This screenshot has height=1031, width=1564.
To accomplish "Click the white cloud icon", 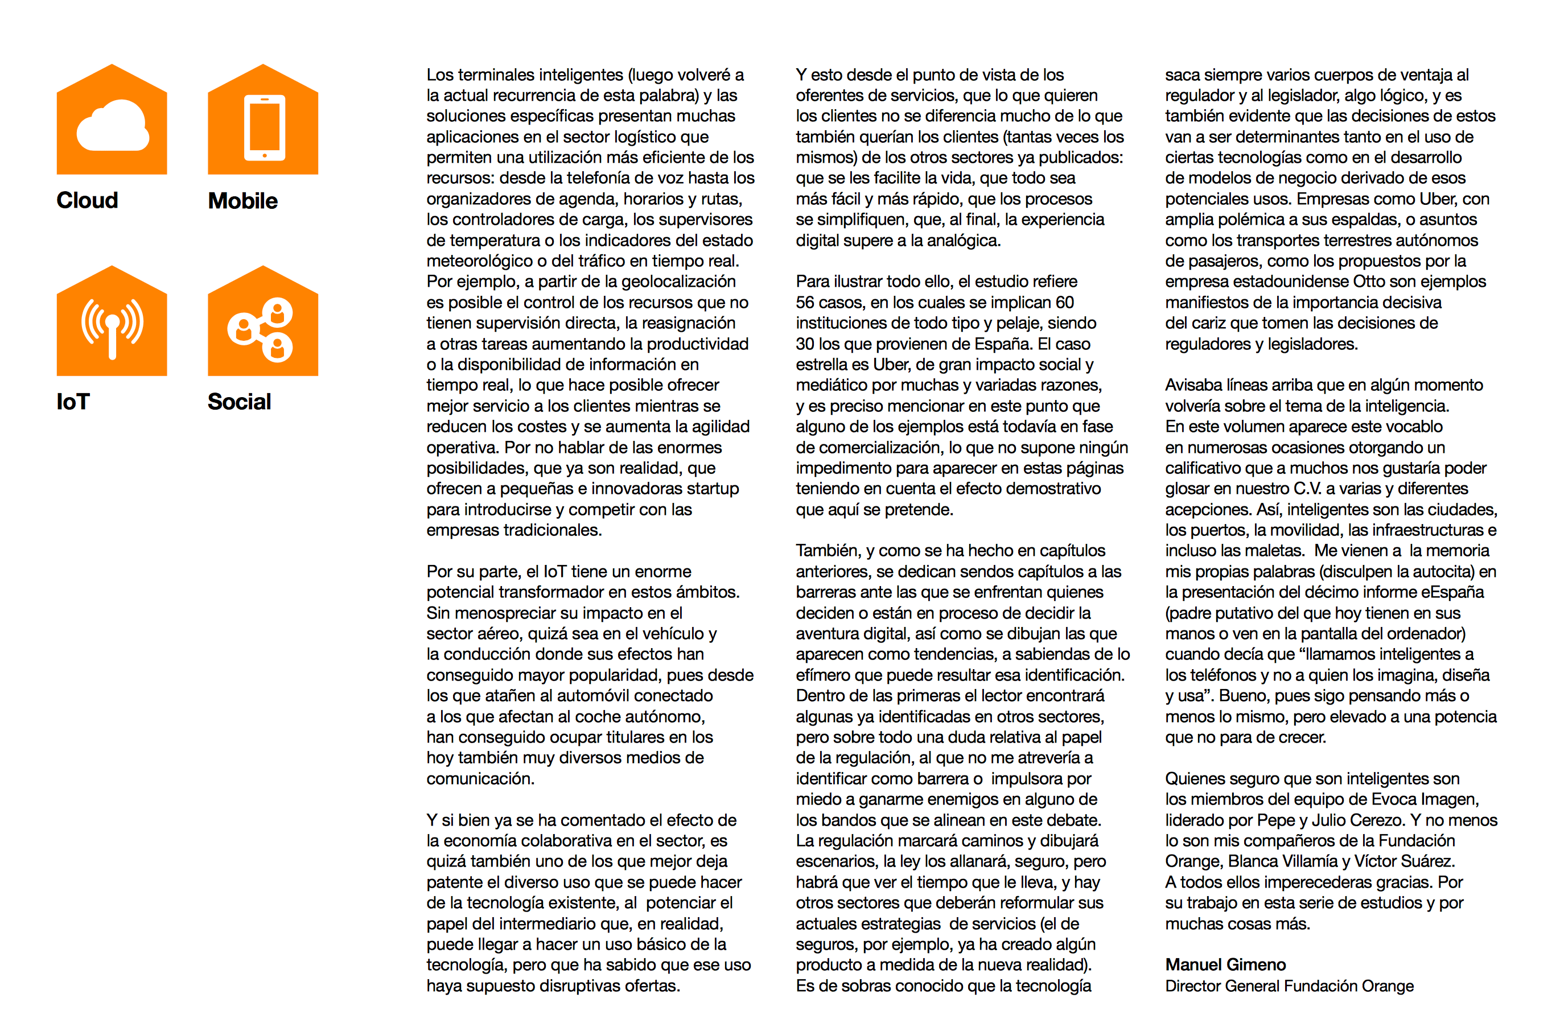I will [x=113, y=126].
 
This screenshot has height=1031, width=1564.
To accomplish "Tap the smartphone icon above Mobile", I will [x=265, y=127].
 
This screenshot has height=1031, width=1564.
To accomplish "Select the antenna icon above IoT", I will [x=113, y=326].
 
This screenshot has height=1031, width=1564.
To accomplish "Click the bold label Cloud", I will [x=88, y=200].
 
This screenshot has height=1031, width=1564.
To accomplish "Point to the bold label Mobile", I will [x=242, y=200].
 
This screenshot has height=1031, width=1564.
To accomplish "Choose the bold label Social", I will [x=240, y=401].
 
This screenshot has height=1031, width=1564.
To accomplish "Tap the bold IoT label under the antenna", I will [x=73, y=401].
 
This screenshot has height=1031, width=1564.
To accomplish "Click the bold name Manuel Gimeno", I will [x=1225, y=964].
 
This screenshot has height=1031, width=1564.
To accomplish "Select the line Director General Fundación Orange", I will [x=1289, y=985].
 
